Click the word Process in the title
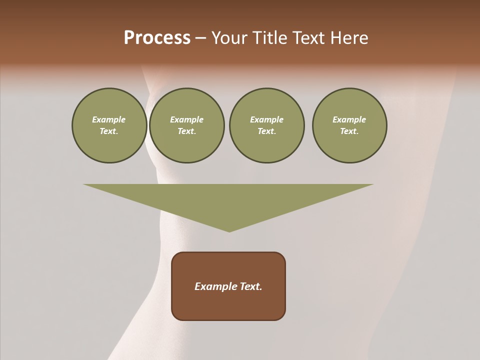157,38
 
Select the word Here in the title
349,38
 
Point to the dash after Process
200,38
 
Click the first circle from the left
109,125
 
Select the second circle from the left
186,125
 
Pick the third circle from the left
266,125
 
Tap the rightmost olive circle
349,125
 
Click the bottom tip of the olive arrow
229,230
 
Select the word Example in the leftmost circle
109,119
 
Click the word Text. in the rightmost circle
349,131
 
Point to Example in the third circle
266,119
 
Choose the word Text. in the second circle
186,131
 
